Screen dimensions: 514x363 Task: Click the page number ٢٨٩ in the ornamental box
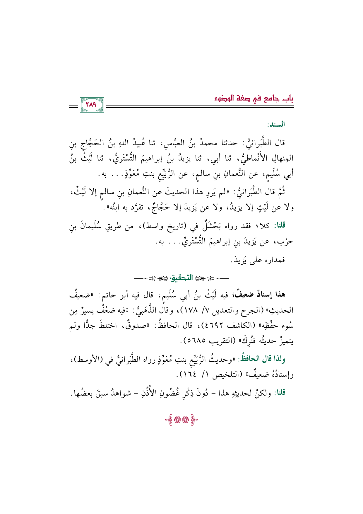point(92,105)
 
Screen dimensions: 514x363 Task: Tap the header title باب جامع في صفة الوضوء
point(254,98)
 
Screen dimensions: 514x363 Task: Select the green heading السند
point(276,125)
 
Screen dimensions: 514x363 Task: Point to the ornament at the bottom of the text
point(181,421)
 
